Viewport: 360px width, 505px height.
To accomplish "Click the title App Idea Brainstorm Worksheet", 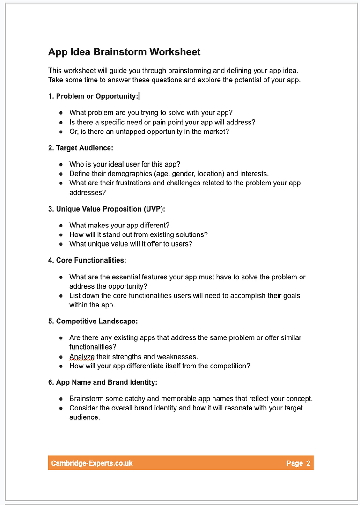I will pyautogui.click(x=124, y=52).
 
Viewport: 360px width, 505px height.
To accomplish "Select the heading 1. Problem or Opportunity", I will pyautogui.click(x=93, y=96).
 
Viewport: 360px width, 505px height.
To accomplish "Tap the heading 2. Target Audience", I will pyautogui.click(x=81, y=148).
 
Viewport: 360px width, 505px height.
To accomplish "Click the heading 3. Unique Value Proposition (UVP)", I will pyautogui.click(x=106, y=209).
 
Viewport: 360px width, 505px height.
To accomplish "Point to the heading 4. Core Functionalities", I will pyautogui.click(x=87, y=260).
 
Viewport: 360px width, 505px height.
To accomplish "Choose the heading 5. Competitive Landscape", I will pyautogui.click(x=93, y=321).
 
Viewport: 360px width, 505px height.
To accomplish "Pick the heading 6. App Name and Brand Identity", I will pyautogui.click(x=103, y=382).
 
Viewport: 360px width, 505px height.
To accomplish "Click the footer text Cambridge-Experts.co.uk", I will pyautogui.click(x=92, y=463).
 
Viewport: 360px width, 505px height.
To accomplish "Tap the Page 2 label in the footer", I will pyautogui.click(x=298, y=463).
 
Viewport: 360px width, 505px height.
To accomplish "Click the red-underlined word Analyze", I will pyautogui.click(x=81, y=357).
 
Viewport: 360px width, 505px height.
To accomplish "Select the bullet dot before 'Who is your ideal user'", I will pyautogui.click(x=61, y=164).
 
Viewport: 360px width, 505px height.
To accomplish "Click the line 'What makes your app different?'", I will pyautogui.click(x=119, y=225).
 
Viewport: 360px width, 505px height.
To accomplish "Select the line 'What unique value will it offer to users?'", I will pyautogui.click(x=131, y=244).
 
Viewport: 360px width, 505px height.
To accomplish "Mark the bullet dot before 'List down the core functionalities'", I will pyautogui.click(x=61, y=296).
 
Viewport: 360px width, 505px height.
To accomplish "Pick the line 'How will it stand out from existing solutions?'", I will pyautogui.click(x=139, y=234).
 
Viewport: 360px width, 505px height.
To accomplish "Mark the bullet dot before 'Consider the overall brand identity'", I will pyautogui.click(x=61, y=408).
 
